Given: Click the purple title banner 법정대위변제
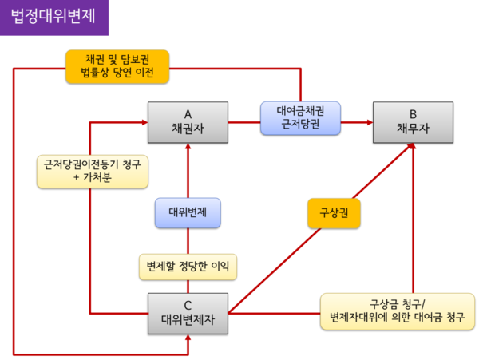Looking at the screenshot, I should [54, 17].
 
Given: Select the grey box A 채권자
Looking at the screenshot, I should [188, 122].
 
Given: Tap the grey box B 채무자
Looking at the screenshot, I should [413, 122].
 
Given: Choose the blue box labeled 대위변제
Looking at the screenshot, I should [188, 213].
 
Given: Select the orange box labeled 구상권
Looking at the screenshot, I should [334, 213].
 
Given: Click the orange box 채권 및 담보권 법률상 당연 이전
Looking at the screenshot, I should [117, 67].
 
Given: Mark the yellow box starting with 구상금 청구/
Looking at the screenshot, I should [399, 311].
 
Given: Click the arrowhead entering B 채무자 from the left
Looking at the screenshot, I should [369, 122].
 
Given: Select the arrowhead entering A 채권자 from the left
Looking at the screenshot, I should [144, 122].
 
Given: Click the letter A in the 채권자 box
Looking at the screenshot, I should [188, 113].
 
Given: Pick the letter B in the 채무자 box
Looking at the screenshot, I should [413, 113].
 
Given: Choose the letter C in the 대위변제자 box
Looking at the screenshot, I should [188, 304].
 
